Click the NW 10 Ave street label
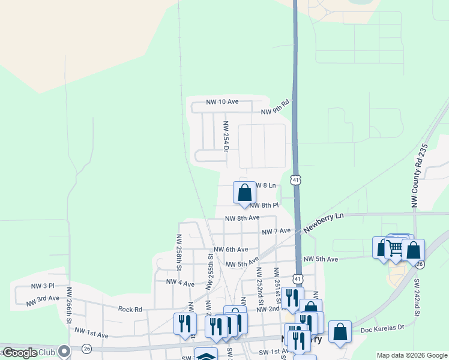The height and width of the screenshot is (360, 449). pos(222,103)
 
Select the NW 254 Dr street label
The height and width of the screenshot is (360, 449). pos(226,136)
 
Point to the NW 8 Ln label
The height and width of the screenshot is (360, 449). pos(265,186)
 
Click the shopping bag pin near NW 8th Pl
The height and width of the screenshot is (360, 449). pos(244,193)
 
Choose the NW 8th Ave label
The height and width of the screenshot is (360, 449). pos(242,218)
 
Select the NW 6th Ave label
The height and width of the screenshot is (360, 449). pos(231,250)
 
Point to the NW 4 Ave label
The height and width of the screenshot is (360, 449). pos(180,283)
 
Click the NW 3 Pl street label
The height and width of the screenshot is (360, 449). pos(42,286)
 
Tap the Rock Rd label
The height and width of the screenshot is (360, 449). pos(130,310)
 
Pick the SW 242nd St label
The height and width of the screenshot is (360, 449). pos(416,297)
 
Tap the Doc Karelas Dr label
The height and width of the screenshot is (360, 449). pos(383,329)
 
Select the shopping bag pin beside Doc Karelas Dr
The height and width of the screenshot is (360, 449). pos(340,332)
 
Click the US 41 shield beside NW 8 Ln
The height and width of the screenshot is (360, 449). pos(295,179)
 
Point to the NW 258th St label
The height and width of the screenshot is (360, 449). pos(179,250)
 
